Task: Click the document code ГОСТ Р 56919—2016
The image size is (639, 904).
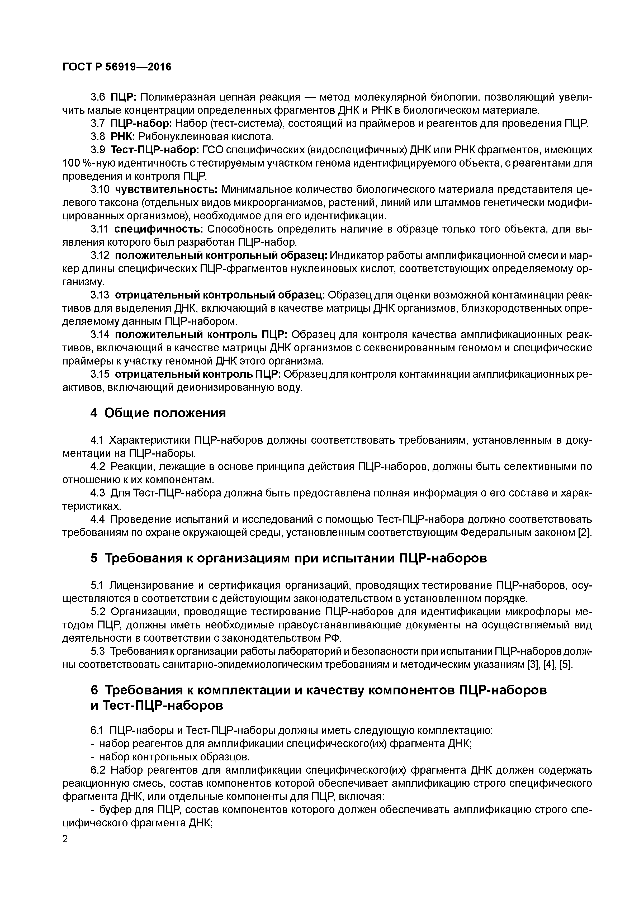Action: point(117,67)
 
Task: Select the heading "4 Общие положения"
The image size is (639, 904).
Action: point(158,413)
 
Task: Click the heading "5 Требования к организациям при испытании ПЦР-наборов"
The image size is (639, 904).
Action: point(288,558)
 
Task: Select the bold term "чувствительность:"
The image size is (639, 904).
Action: point(166,190)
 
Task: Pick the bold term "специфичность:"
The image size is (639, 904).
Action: point(159,229)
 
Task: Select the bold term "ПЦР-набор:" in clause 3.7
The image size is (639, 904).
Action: point(141,124)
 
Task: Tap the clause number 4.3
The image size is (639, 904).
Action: point(98,493)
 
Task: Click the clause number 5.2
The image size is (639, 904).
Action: point(98,612)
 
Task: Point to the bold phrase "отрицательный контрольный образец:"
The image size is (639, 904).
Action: point(220,295)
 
